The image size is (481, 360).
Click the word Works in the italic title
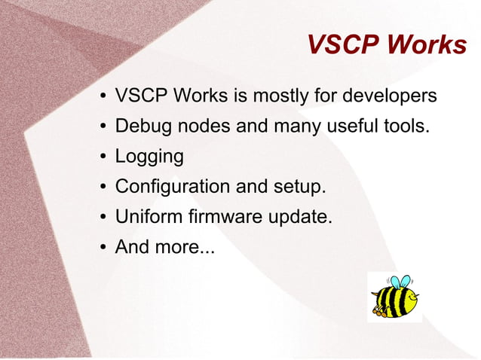pos(426,45)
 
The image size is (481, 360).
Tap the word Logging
pos(149,157)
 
